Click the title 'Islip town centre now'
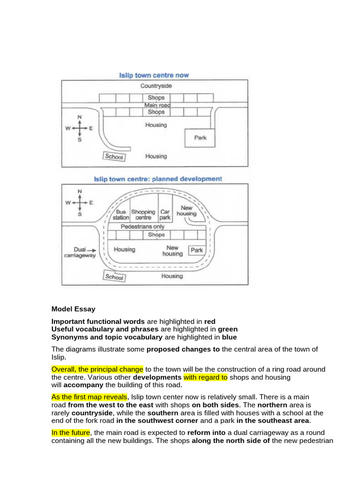click(x=154, y=75)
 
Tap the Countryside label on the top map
click(x=156, y=86)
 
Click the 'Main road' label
click(x=157, y=105)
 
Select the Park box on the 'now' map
click(x=200, y=138)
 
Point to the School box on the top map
click(x=114, y=157)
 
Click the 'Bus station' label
click(x=121, y=215)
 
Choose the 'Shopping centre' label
click(x=143, y=215)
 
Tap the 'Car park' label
click(x=165, y=215)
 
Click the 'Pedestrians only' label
click(x=142, y=227)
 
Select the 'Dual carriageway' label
click(x=80, y=253)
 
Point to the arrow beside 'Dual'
click(x=92, y=250)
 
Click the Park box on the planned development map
click(x=197, y=250)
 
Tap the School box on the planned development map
click(x=114, y=277)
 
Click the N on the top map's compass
click(x=80, y=117)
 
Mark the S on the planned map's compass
click(x=80, y=214)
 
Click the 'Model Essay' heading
click(x=73, y=309)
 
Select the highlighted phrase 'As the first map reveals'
click(x=89, y=397)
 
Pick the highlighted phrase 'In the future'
click(x=71, y=432)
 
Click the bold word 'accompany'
click(x=78, y=385)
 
